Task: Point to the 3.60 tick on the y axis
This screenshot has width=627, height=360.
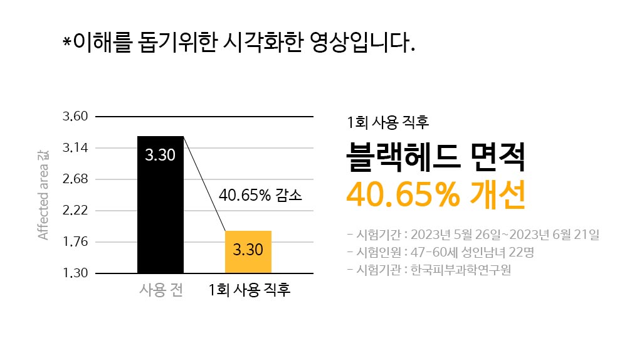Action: coord(75,117)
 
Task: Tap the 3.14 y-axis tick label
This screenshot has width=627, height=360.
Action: coord(75,148)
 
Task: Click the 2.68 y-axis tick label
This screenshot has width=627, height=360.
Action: coord(75,179)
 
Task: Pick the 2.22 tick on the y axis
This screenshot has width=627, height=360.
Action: coord(75,211)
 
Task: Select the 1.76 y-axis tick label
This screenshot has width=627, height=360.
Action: coord(75,242)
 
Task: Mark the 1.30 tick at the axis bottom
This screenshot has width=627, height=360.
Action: coord(75,273)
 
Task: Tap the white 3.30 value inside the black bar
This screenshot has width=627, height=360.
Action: coord(161,155)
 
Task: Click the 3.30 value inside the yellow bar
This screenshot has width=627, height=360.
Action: coord(248,250)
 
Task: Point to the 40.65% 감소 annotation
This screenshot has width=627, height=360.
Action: coord(260,194)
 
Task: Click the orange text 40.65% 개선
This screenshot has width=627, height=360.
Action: coord(435,195)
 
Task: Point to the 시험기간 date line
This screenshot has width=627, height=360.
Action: coord(473,235)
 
